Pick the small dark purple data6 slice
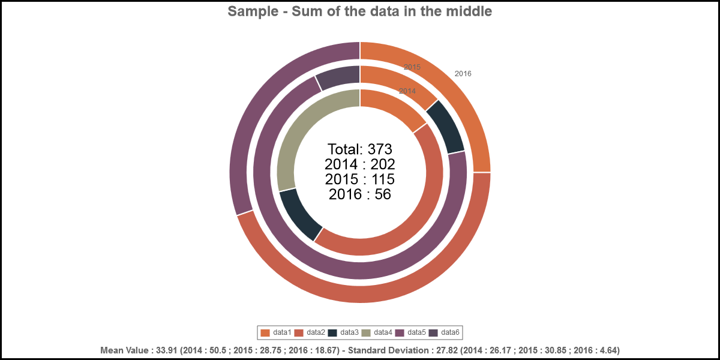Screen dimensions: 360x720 (336, 78)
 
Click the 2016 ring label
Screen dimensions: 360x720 (463, 74)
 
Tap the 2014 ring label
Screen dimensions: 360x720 (407, 91)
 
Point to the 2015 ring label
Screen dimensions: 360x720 (412, 67)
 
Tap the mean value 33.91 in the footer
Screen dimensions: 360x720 (166, 350)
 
